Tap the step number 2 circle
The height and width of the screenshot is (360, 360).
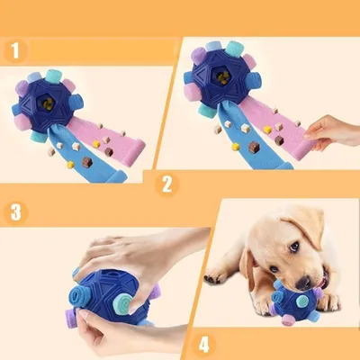click(164, 185)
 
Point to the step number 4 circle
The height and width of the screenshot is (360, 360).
click(202, 342)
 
